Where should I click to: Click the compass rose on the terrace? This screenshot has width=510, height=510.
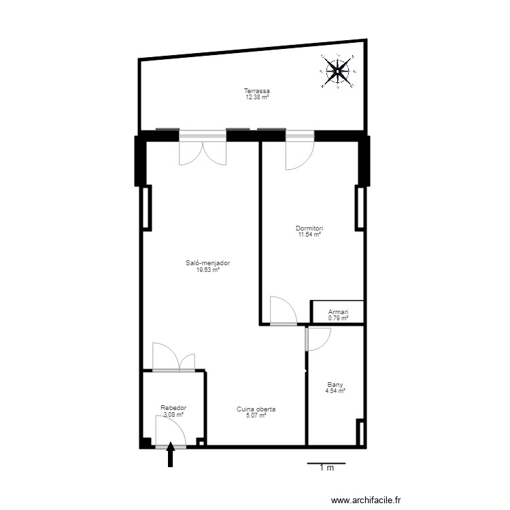point(338,71)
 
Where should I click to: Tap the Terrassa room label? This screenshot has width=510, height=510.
point(257,91)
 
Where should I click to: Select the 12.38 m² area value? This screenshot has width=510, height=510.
point(257,97)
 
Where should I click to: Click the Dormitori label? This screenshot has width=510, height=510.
point(309,228)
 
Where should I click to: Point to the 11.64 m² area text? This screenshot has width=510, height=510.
point(309,235)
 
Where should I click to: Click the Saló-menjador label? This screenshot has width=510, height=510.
point(207,263)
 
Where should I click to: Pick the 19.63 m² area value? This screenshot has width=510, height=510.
point(207,269)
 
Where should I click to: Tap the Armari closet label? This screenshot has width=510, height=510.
point(338,311)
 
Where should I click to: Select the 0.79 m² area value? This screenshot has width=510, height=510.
point(338,318)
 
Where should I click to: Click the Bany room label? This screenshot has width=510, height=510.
point(335,384)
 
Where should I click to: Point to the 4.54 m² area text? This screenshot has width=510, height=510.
point(335,390)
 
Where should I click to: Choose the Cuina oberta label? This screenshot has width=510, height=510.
point(256,409)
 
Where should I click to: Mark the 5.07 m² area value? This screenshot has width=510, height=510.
point(256,415)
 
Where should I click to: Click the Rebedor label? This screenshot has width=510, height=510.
point(173,408)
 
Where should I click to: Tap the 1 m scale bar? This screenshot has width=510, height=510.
point(326,464)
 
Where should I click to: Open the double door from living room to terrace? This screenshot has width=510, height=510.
point(202,151)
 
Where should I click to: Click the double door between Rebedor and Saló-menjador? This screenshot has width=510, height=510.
point(173,358)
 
